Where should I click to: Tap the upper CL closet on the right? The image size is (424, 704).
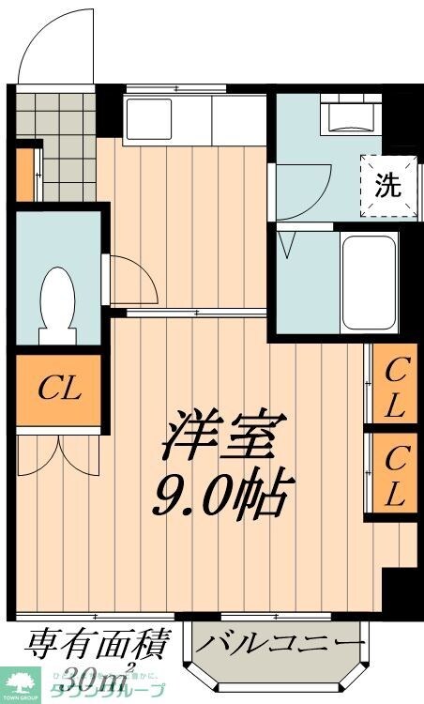(x=394, y=387)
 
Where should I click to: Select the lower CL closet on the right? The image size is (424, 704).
(x=394, y=474)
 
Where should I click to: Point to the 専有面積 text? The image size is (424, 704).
(x=97, y=646)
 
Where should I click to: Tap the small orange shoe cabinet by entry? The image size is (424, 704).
(x=23, y=175)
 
